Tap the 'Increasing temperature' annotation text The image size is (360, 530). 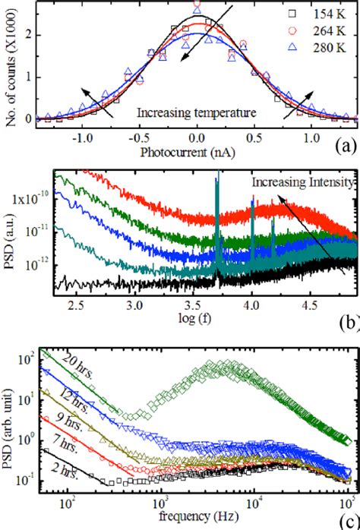point(195,112)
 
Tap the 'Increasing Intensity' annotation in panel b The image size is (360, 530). point(303,183)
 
